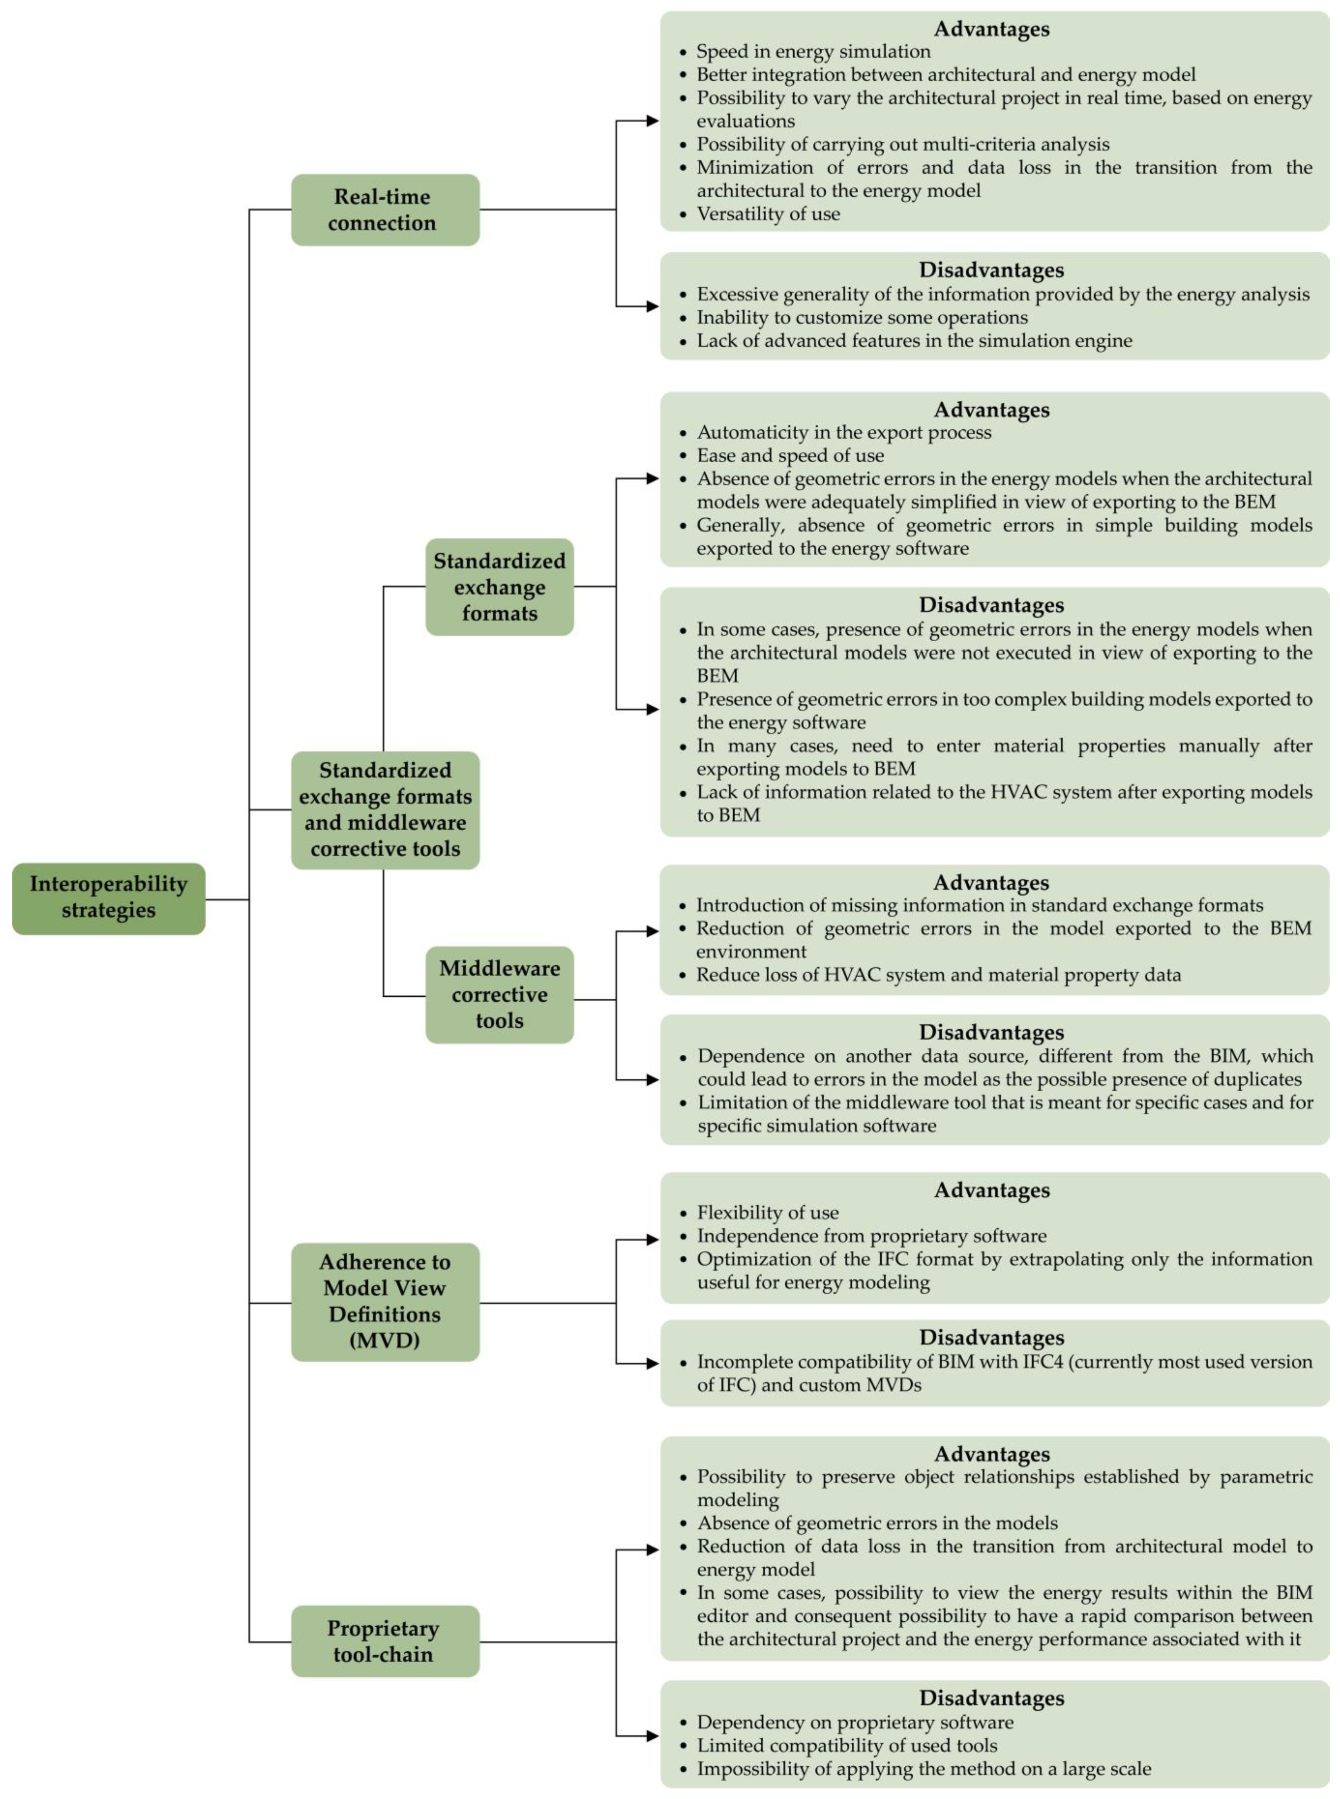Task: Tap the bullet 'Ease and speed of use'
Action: click(x=789, y=455)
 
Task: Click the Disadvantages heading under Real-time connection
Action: click(x=991, y=270)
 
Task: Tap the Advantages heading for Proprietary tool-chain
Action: click(x=991, y=1453)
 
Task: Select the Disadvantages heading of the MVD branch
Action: click(x=991, y=1338)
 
